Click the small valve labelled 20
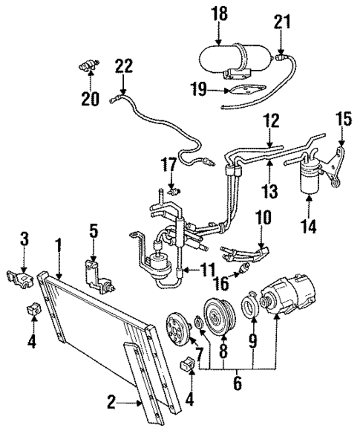click(88, 67)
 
